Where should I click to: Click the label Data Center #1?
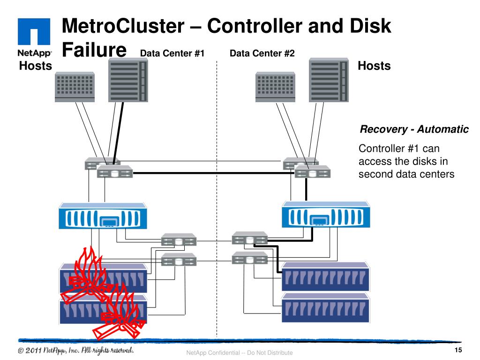172,53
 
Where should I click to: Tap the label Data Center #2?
262,53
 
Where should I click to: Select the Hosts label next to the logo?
35,66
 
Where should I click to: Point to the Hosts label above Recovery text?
374,66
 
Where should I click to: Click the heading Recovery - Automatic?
414,129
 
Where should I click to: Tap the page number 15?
458,352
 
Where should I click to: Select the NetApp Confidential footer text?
240,352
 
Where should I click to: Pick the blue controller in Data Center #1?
101,217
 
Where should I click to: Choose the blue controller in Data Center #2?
325,217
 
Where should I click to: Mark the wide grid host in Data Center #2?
276,87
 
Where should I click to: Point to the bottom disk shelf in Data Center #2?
326,307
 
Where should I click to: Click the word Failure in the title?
94,50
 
